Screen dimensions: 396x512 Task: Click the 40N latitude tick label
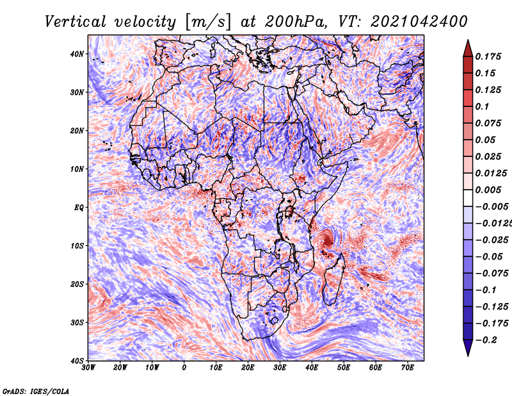[x=77, y=54]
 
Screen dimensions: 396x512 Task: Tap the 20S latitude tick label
[x=77, y=284]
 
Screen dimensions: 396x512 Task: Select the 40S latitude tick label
[x=77, y=361]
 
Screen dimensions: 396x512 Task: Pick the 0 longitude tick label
[x=184, y=368]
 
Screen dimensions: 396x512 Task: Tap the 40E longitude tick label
[x=312, y=368]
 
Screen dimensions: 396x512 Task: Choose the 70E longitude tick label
[x=408, y=368]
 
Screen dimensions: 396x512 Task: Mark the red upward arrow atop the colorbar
[x=468, y=47]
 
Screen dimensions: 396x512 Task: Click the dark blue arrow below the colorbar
[x=468, y=348]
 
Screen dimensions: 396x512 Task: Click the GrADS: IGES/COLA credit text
[x=36, y=390]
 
